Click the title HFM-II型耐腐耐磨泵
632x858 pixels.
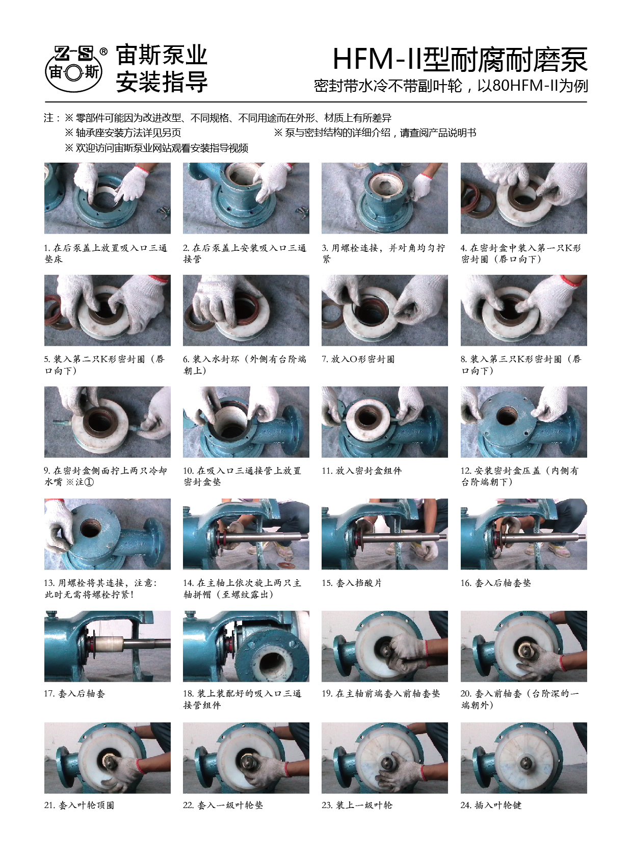click(x=460, y=60)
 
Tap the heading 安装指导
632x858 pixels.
click(x=162, y=82)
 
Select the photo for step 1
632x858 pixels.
click(x=107, y=198)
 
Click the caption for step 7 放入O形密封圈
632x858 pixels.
click(x=358, y=359)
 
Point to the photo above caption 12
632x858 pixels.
click(x=523, y=422)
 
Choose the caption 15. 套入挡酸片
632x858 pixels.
click(x=351, y=583)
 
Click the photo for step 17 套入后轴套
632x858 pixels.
click(x=107, y=646)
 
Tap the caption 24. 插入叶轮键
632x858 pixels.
click(x=491, y=805)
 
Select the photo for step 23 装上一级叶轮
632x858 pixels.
click(x=385, y=758)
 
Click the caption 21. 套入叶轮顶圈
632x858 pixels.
click(x=79, y=805)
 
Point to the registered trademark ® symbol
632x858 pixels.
click(x=103, y=51)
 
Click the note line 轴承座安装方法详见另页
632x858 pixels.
click(x=123, y=133)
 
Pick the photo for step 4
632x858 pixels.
click(x=523, y=198)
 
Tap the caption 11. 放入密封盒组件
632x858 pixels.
click(x=361, y=471)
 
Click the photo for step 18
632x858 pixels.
click(x=246, y=646)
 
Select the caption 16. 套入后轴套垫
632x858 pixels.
click(x=495, y=583)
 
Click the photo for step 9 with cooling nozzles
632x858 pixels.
click(x=107, y=422)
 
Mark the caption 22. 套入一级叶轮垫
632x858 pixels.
click(x=223, y=805)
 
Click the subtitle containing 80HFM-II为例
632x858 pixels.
click(x=451, y=86)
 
